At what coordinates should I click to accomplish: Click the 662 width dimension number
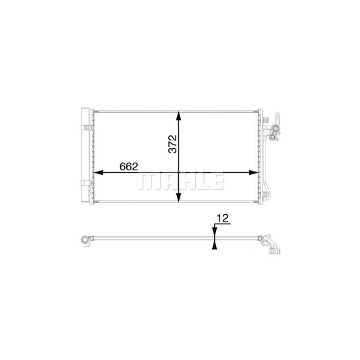coord(129,167)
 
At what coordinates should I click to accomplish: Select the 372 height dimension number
coord(173,144)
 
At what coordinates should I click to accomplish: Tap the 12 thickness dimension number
coord(222,218)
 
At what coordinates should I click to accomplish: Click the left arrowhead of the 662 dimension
coord(98,173)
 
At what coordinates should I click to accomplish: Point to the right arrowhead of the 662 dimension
coord(254,173)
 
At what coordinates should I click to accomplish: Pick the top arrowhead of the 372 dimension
coord(178,115)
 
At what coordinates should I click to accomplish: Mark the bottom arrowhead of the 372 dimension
coord(178,197)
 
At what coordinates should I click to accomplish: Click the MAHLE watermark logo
coord(181,182)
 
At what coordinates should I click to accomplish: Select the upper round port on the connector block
coord(274,129)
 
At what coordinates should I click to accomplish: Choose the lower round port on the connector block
coord(273,137)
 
